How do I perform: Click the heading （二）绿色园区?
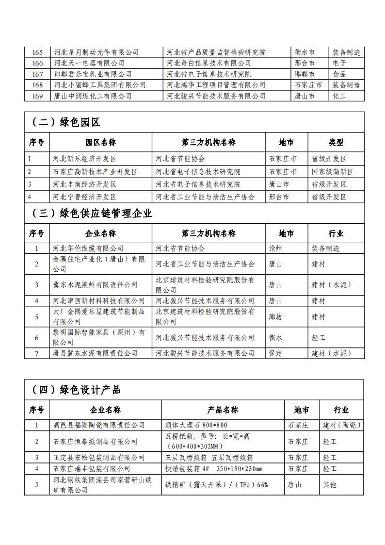[65, 122]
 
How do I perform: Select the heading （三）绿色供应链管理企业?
[92, 213]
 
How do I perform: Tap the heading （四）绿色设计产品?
[76, 389]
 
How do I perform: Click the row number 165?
[37, 52]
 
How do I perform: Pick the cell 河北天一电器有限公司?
[89, 63]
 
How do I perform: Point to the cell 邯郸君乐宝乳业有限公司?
[93, 74]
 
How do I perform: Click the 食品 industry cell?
[339, 74]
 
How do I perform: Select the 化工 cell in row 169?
[339, 96]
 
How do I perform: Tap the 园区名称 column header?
[101, 142]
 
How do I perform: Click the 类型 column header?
[336, 142]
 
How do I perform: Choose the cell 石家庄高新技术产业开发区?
[96, 172]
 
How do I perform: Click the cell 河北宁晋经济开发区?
[85, 197]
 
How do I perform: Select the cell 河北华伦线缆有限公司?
[88, 248]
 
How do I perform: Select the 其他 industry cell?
[330, 485]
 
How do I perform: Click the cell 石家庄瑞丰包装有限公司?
[92, 469]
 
